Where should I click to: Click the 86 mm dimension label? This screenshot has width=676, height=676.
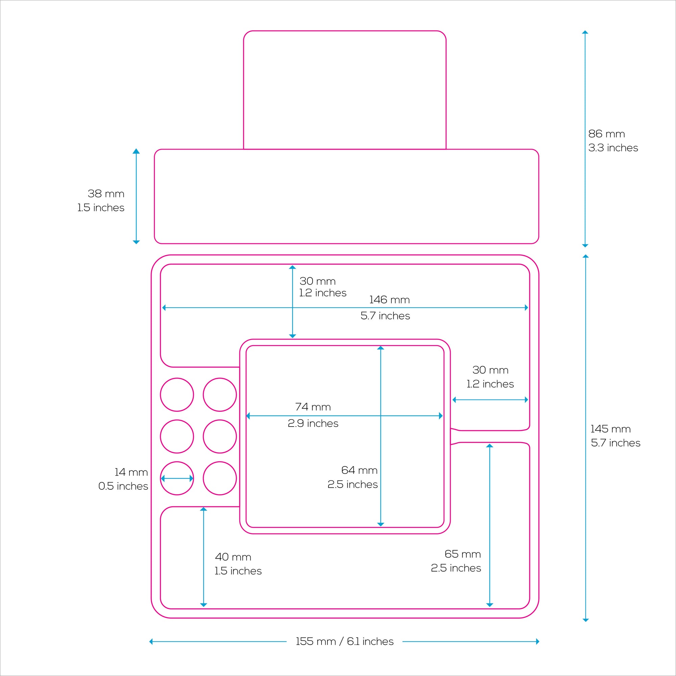pos(606,134)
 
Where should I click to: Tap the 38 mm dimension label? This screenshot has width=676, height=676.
pos(106,194)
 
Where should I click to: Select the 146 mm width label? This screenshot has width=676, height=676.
pos(389,300)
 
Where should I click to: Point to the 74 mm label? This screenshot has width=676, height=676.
pos(313,407)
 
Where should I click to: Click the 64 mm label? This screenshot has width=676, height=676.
pos(359,470)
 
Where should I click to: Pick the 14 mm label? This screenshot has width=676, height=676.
pos(131,473)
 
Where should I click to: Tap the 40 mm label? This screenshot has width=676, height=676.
pos(233,557)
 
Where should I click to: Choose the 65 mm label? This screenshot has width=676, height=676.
pos(463,554)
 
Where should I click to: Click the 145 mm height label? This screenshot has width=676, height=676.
pos(610,429)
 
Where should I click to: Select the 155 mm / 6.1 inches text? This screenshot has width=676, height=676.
pos(345,642)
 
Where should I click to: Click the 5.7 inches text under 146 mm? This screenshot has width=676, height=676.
pos(385,316)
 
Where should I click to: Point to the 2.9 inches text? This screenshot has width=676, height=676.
pos(313,424)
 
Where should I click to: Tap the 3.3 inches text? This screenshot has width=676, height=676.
pos(613,148)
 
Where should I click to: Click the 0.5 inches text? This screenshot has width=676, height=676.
pos(123,486)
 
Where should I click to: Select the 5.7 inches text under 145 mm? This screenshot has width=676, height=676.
pos(615,443)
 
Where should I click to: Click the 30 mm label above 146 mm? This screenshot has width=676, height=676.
pos(318,281)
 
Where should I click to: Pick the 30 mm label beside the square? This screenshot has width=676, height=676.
pos(490,370)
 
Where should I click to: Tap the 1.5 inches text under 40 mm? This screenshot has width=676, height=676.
pos(238,571)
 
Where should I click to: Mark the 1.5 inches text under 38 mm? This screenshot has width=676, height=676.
pos(101,208)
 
